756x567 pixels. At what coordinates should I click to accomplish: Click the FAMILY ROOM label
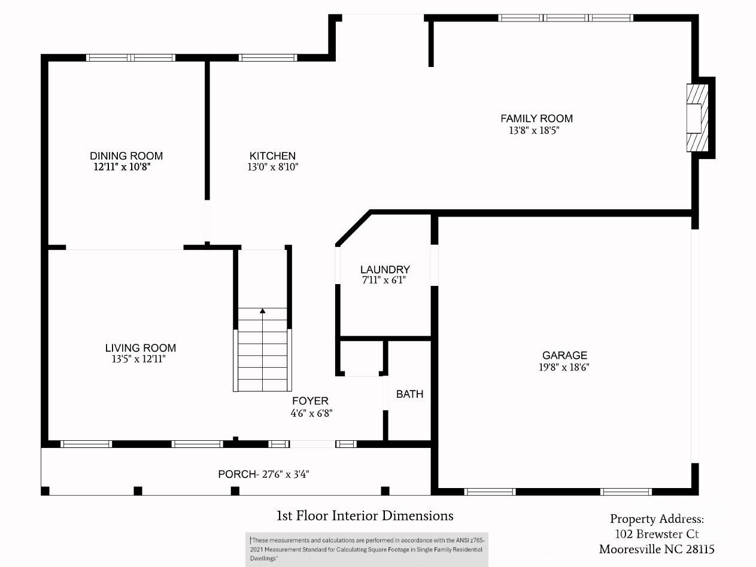coord(536,118)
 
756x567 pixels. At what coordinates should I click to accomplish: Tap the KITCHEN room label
coord(272,156)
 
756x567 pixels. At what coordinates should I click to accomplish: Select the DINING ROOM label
coord(126,156)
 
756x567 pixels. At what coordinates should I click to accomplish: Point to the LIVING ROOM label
coord(141,348)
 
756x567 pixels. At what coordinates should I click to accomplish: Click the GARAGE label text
coord(564,356)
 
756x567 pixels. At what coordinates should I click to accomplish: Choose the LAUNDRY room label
coord(385,270)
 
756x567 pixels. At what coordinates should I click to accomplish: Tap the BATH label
coord(409,394)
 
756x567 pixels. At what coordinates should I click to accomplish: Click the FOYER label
coord(310,401)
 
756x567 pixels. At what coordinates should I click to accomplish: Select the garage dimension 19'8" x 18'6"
coord(564,368)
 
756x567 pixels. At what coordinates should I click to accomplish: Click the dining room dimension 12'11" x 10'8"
coord(121,167)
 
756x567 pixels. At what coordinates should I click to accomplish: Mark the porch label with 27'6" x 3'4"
coord(263,474)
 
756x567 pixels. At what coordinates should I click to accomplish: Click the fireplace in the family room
coord(697,118)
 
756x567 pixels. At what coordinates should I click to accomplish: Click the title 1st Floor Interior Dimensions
coord(365,516)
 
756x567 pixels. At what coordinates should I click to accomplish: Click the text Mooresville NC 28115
coord(657,549)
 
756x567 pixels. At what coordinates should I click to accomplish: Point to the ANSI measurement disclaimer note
coord(366,549)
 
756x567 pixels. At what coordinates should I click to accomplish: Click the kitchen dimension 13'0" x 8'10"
coord(272,167)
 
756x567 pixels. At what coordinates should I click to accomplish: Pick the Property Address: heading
coord(657,519)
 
